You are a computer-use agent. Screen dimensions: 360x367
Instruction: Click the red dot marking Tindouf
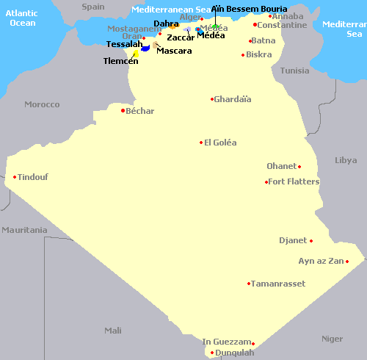tap(15, 176)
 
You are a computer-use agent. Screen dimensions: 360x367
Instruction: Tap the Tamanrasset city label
tap(277, 283)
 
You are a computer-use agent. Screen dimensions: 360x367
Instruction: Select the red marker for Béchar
tap(123, 111)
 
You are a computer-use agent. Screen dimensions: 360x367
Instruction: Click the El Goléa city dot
tap(201, 143)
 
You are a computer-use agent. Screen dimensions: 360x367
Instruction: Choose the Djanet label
tap(293, 240)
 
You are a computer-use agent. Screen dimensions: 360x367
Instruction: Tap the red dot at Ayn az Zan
tap(346, 261)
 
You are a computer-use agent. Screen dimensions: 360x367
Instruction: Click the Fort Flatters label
tap(294, 181)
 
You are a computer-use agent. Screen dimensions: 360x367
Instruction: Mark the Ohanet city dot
tap(299, 166)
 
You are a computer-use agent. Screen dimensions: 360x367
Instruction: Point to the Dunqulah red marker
tap(212, 353)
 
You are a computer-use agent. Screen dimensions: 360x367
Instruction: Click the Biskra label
tap(259, 54)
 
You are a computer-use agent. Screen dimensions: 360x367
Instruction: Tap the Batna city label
tap(264, 40)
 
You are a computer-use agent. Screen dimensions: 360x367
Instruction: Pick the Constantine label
tap(283, 25)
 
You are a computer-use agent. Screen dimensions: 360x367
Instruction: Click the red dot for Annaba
tap(270, 15)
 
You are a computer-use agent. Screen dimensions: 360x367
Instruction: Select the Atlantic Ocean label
tap(22, 18)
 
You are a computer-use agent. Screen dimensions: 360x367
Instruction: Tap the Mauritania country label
tap(23, 230)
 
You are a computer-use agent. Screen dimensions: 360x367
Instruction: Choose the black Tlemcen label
tap(120, 61)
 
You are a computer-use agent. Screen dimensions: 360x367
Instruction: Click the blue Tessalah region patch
tap(145, 48)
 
